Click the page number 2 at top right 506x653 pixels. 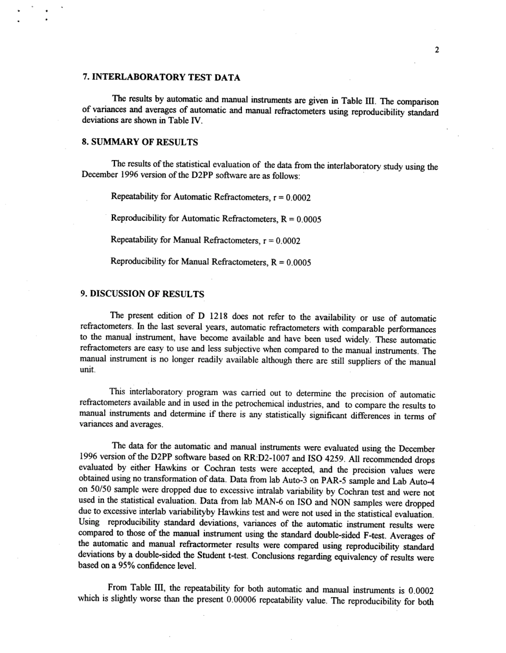437,51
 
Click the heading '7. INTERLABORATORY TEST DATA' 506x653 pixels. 161,78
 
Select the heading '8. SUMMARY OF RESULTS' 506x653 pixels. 140,142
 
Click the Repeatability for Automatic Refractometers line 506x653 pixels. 210,197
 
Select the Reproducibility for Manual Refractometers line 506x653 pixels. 210,262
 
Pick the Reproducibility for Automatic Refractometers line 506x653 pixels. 216,219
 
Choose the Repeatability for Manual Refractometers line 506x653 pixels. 206,241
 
